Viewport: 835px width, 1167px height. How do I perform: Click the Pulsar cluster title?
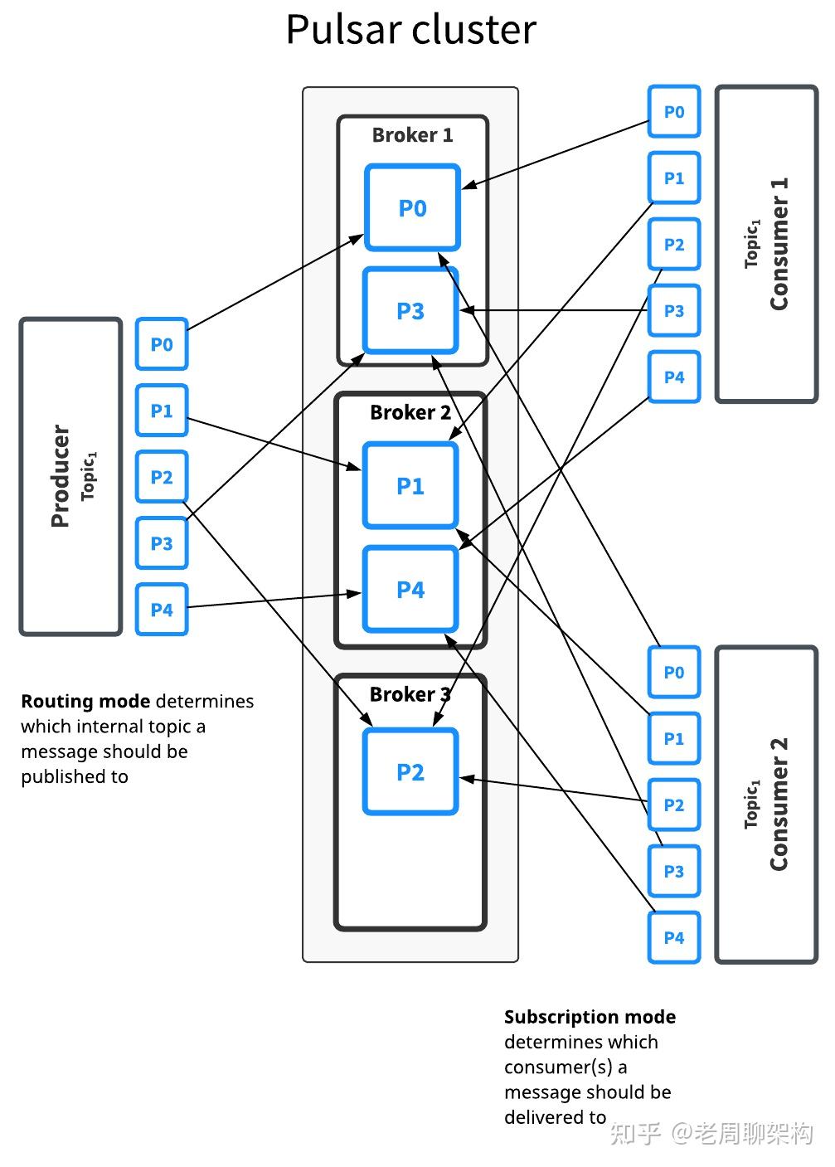pos(411,30)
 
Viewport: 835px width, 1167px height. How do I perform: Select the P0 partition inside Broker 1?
pos(412,208)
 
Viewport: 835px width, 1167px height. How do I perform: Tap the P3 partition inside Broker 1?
pos(410,311)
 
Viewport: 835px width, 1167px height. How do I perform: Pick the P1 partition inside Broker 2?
pos(410,486)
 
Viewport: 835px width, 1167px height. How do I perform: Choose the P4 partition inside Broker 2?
pos(410,590)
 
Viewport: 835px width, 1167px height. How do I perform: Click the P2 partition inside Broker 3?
pos(410,772)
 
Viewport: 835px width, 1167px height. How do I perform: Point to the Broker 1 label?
pos(412,135)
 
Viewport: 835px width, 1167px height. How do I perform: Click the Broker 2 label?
pos(410,412)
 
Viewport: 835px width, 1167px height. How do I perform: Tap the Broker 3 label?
pos(410,694)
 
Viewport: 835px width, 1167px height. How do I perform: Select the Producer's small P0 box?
pos(162,344)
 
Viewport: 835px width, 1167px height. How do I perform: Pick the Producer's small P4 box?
pos(162,610)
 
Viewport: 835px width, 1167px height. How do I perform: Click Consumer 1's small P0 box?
pos(674,112)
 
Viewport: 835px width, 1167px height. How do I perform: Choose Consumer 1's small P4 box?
pos(674,377)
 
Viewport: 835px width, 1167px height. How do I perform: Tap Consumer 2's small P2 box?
pos(674,805)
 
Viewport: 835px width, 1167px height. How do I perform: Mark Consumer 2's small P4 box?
pos(674,938)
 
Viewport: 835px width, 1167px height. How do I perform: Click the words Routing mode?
pos(85,702)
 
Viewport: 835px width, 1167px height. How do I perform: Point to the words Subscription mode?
pos(590,1017)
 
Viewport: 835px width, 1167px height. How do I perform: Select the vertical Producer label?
pos(61,476)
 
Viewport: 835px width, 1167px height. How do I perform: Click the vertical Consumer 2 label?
pos(779,805)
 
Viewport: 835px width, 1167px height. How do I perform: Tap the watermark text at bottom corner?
pos(711,1133)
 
